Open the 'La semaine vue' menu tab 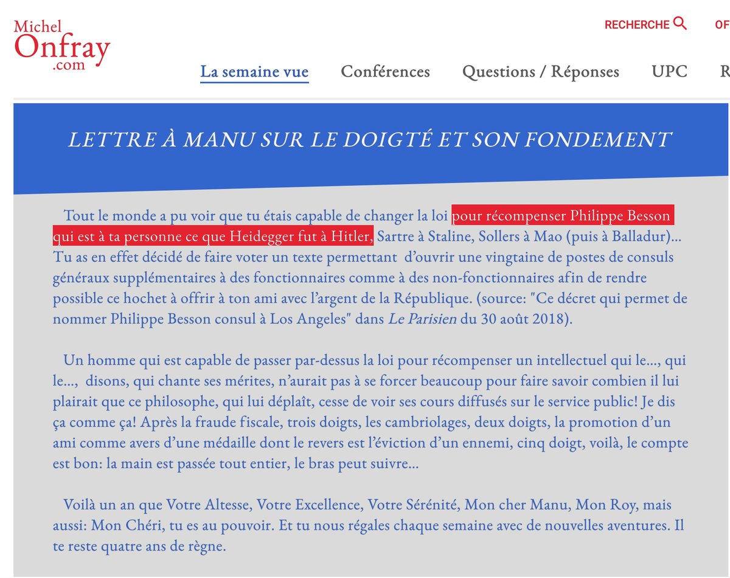[x=254, y=72]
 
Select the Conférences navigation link [x=385, y=72]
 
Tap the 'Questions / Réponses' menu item [x=540, y=72]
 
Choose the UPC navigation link [x=669, y=72]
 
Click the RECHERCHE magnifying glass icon [x=680, y=24]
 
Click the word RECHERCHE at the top [x=636, y=25]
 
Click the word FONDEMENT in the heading [x=597, y=140]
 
